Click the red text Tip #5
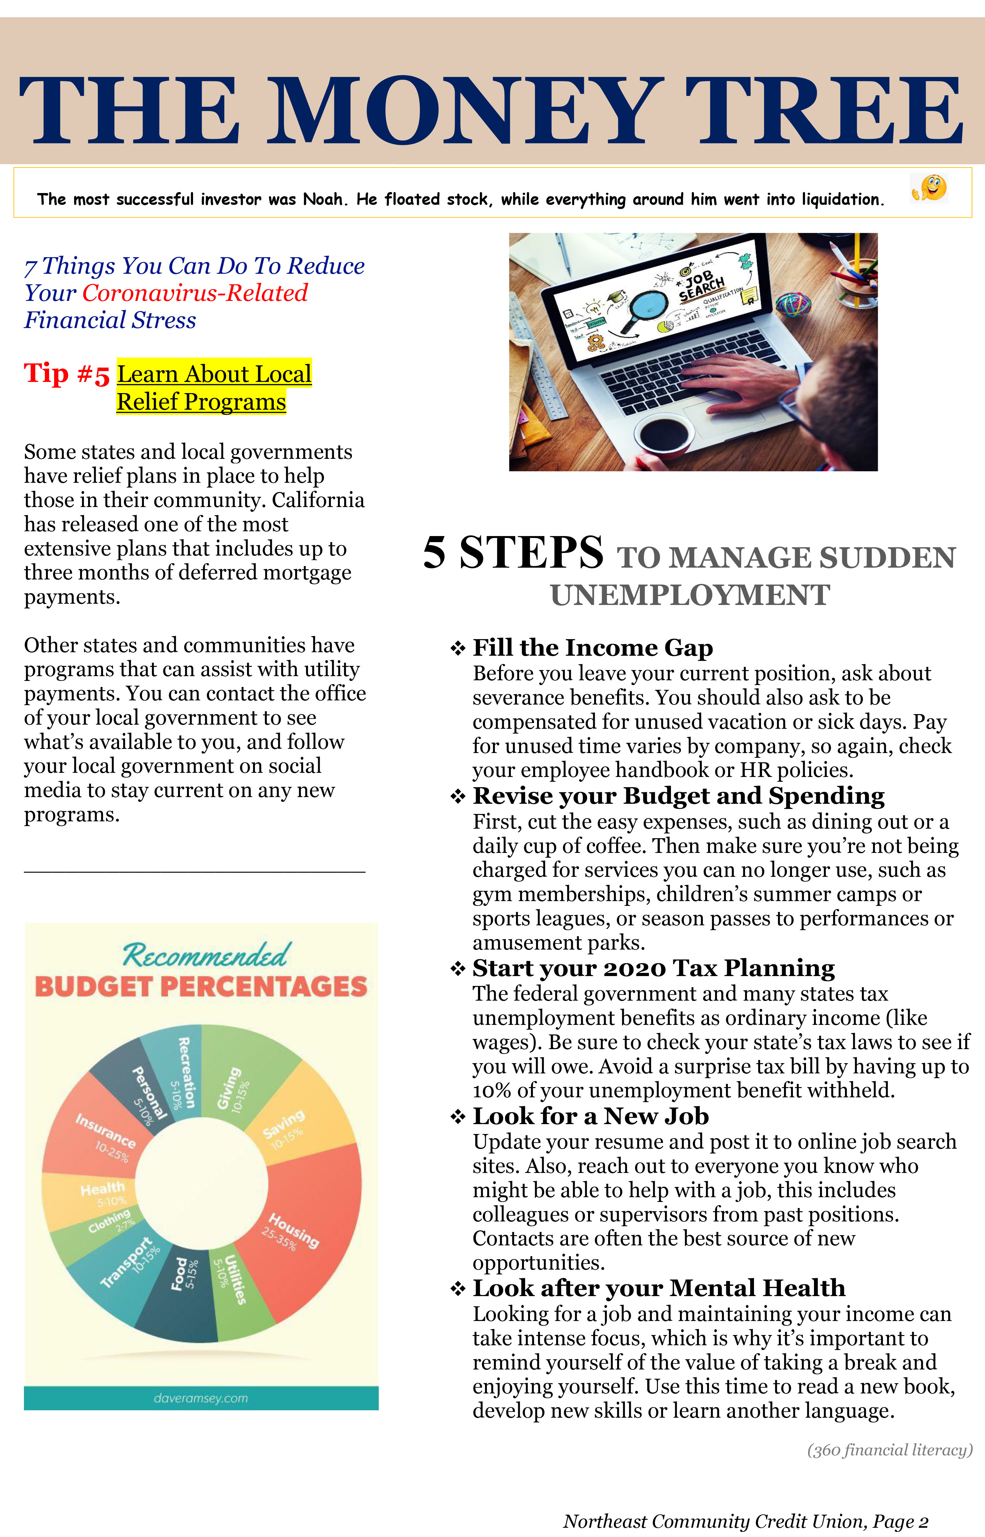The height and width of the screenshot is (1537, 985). click(66, 374)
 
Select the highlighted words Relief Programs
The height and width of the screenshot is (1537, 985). click(201, 402)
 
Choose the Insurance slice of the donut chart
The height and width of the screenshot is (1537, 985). click(96, 1132)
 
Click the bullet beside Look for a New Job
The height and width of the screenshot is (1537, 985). click(457, 1117)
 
